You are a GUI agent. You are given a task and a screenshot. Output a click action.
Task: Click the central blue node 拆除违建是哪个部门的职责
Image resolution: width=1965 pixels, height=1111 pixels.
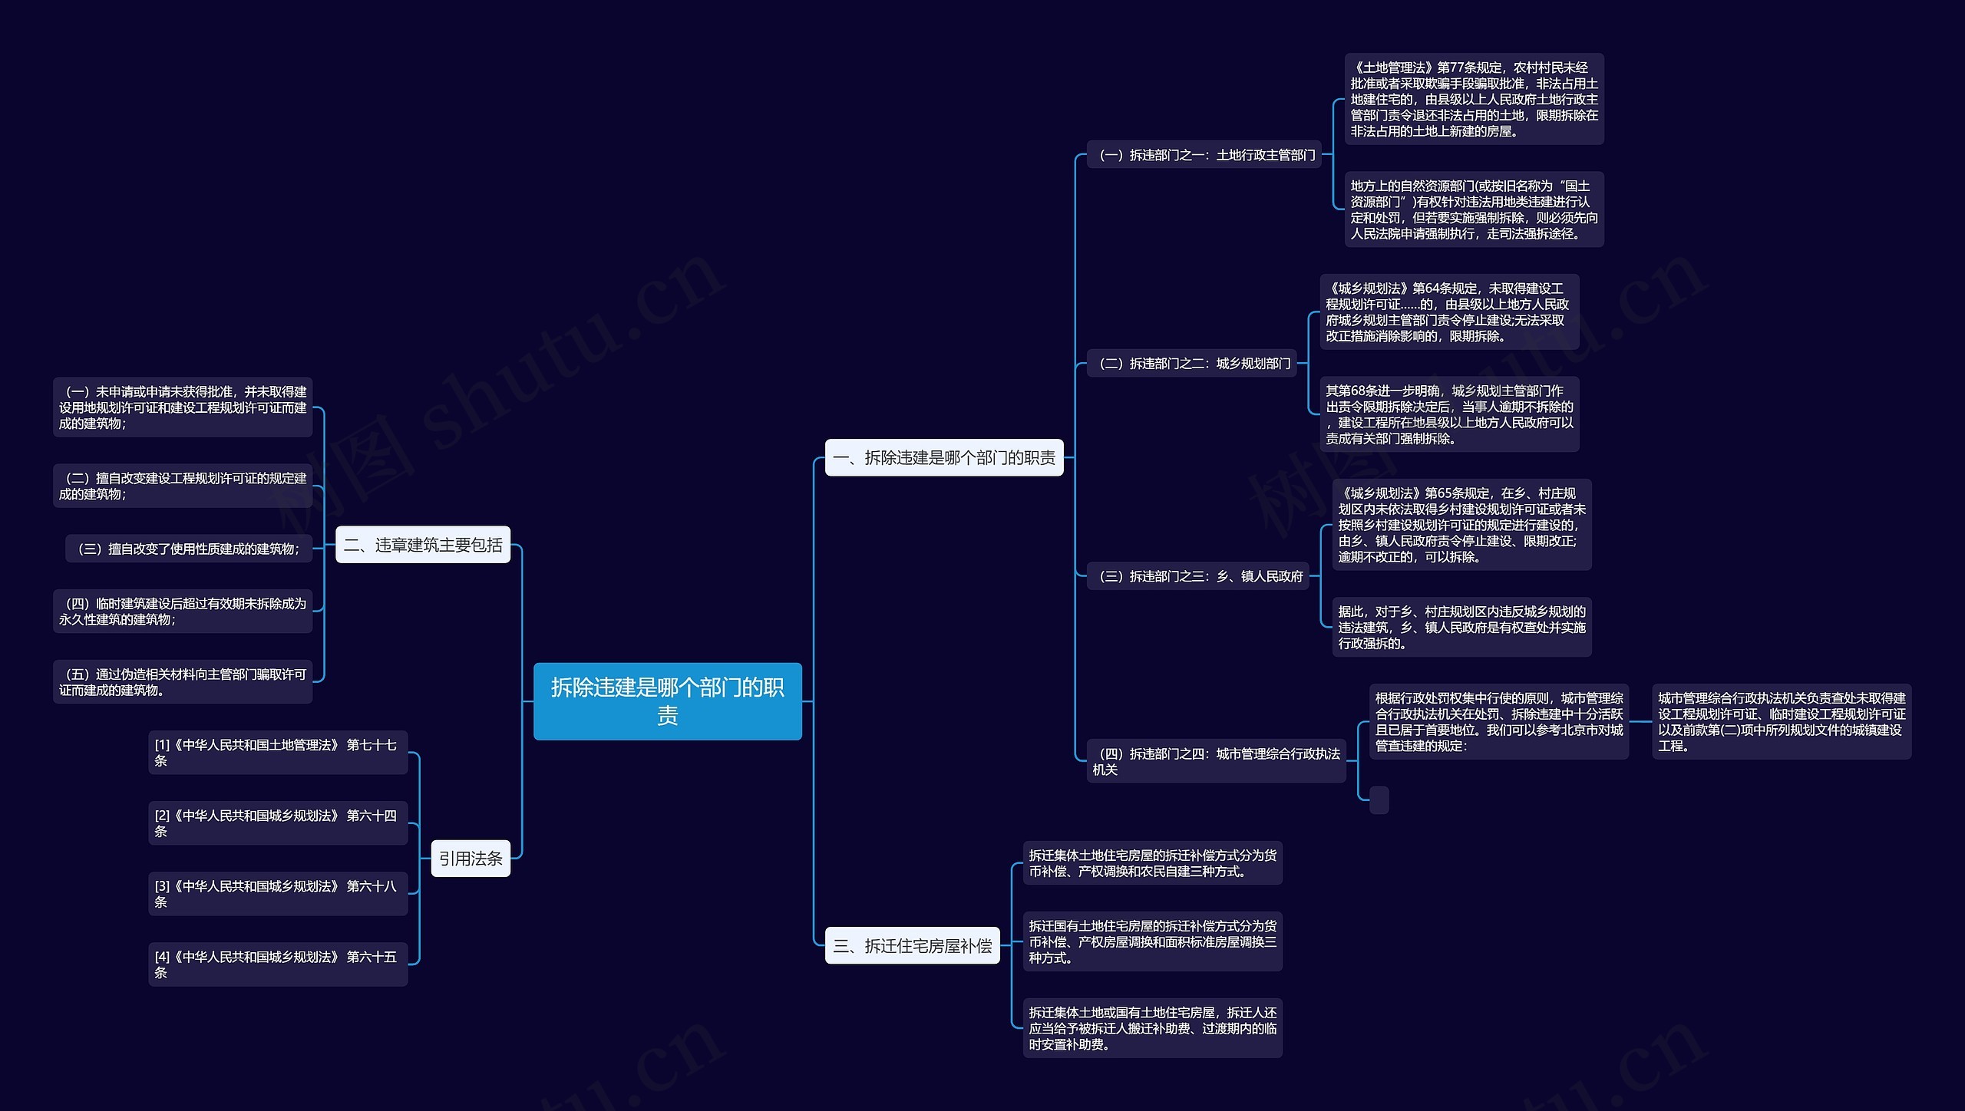pyautogui.click(x=667, y=701)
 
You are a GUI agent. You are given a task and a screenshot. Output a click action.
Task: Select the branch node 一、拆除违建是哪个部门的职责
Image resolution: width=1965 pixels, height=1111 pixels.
pyautogui.click(x=943, y=457)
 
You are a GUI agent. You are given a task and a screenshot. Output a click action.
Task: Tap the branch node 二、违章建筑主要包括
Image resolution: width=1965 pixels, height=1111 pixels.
pyautogui.click(x=423, y=545)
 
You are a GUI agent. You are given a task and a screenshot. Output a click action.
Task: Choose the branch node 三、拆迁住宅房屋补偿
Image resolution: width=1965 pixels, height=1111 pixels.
pyautogui.click(x=912, y=945)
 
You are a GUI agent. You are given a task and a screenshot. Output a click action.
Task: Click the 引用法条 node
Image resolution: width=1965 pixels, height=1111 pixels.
pyautogui.click(x=471, y=858)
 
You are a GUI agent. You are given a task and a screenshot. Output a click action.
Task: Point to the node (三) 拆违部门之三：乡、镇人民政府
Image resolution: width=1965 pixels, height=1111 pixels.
pyautogui.click(x=1200, y=575)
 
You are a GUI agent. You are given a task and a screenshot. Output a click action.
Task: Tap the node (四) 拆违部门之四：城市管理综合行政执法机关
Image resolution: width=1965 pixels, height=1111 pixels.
pyautogui.click(x=1216, y=761)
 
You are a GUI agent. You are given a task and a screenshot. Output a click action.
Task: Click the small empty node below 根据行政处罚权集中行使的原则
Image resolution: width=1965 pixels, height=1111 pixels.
pyautogui.click(x=1379, y=799)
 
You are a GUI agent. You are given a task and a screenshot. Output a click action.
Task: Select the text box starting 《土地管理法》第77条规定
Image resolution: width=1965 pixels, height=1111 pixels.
pyautogui.click(x=1474, y=99)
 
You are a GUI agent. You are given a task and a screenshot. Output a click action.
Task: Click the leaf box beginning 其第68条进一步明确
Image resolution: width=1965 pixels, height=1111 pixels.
pyautogui.click(x=1449, y=414)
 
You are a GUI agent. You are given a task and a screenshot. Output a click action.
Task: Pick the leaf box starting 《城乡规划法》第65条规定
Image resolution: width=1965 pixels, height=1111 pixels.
pyautogui.click(x=1461, y=525)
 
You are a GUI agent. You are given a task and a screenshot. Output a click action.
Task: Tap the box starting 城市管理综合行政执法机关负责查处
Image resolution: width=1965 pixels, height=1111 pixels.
pyautogui.click(x=1781, y=721)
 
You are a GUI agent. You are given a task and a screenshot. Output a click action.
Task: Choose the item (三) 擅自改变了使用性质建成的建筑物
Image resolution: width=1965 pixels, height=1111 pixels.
pyautogui.click(x=189, y=549)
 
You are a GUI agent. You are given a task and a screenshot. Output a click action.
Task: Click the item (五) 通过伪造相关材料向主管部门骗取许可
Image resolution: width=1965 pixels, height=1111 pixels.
pyautogui.click(x=183, y=681)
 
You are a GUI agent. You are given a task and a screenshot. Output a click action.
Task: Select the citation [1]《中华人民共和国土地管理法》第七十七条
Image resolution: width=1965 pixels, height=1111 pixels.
pyautogui.click(x=278, y=752)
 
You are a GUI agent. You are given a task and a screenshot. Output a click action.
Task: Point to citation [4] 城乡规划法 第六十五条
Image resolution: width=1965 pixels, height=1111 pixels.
pyautogui.click(x=278, y=964)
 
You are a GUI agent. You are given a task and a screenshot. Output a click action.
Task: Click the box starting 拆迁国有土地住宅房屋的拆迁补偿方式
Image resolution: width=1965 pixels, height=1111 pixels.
pyautogui.click(x=1152, y=941)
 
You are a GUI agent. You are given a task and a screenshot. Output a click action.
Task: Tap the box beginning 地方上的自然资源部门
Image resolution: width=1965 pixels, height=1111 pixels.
pyautogui.click(x=1474, y=209)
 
